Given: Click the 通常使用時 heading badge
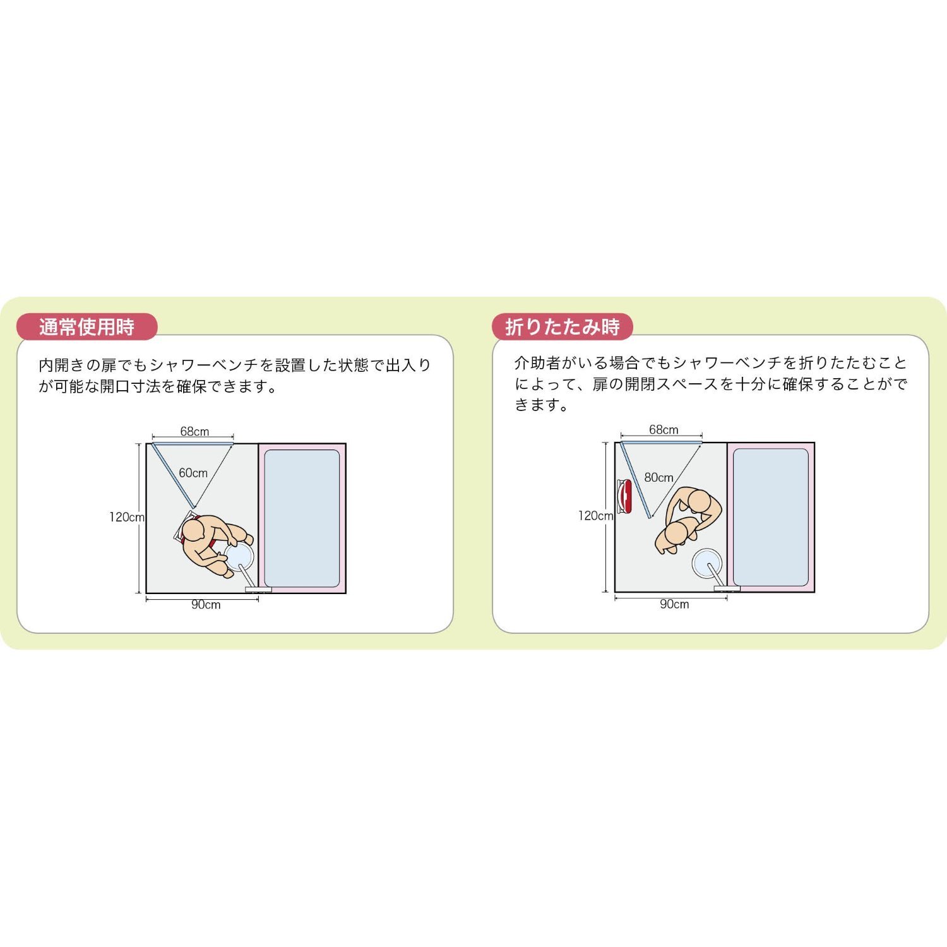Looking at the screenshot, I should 86,327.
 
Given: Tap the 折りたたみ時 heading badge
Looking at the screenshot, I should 562,327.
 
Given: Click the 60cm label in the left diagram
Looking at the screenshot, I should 193,473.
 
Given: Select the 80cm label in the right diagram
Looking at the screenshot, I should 658,478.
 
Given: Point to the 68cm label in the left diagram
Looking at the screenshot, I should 194,432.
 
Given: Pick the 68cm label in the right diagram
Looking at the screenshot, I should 664,430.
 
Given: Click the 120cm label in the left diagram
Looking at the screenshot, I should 126,517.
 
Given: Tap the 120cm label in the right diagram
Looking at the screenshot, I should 595,516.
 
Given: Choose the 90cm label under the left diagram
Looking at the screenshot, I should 206,605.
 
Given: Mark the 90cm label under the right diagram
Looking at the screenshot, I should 674,604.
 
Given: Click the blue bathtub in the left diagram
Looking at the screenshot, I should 302,518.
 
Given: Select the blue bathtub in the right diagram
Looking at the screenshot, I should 771,517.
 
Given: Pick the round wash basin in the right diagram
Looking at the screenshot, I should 707,563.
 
